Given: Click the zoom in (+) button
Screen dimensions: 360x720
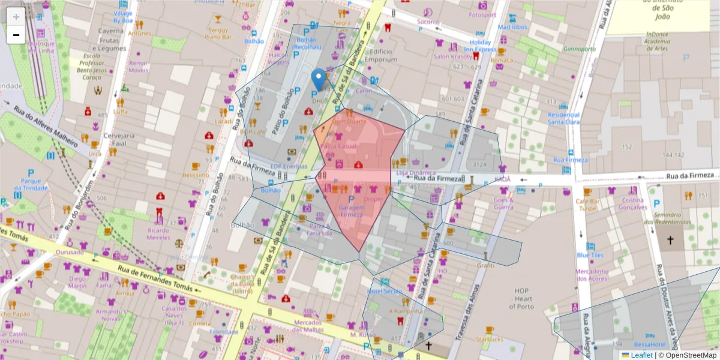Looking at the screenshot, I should pos(16,16).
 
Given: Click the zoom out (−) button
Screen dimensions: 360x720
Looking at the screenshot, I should pos(16,35).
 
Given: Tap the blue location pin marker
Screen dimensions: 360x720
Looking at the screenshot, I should pos(319,79).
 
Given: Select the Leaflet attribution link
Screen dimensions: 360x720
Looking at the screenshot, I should pos(641,355).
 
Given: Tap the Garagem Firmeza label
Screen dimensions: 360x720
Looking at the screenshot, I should pos(352,211).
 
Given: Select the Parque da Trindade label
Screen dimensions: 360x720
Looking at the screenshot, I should pos(31,184).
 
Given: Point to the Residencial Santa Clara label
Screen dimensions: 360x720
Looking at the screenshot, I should pos(563,118).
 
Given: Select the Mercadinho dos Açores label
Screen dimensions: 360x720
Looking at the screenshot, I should pos(592,274).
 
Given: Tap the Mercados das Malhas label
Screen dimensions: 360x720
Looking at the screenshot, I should pos(308,326).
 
